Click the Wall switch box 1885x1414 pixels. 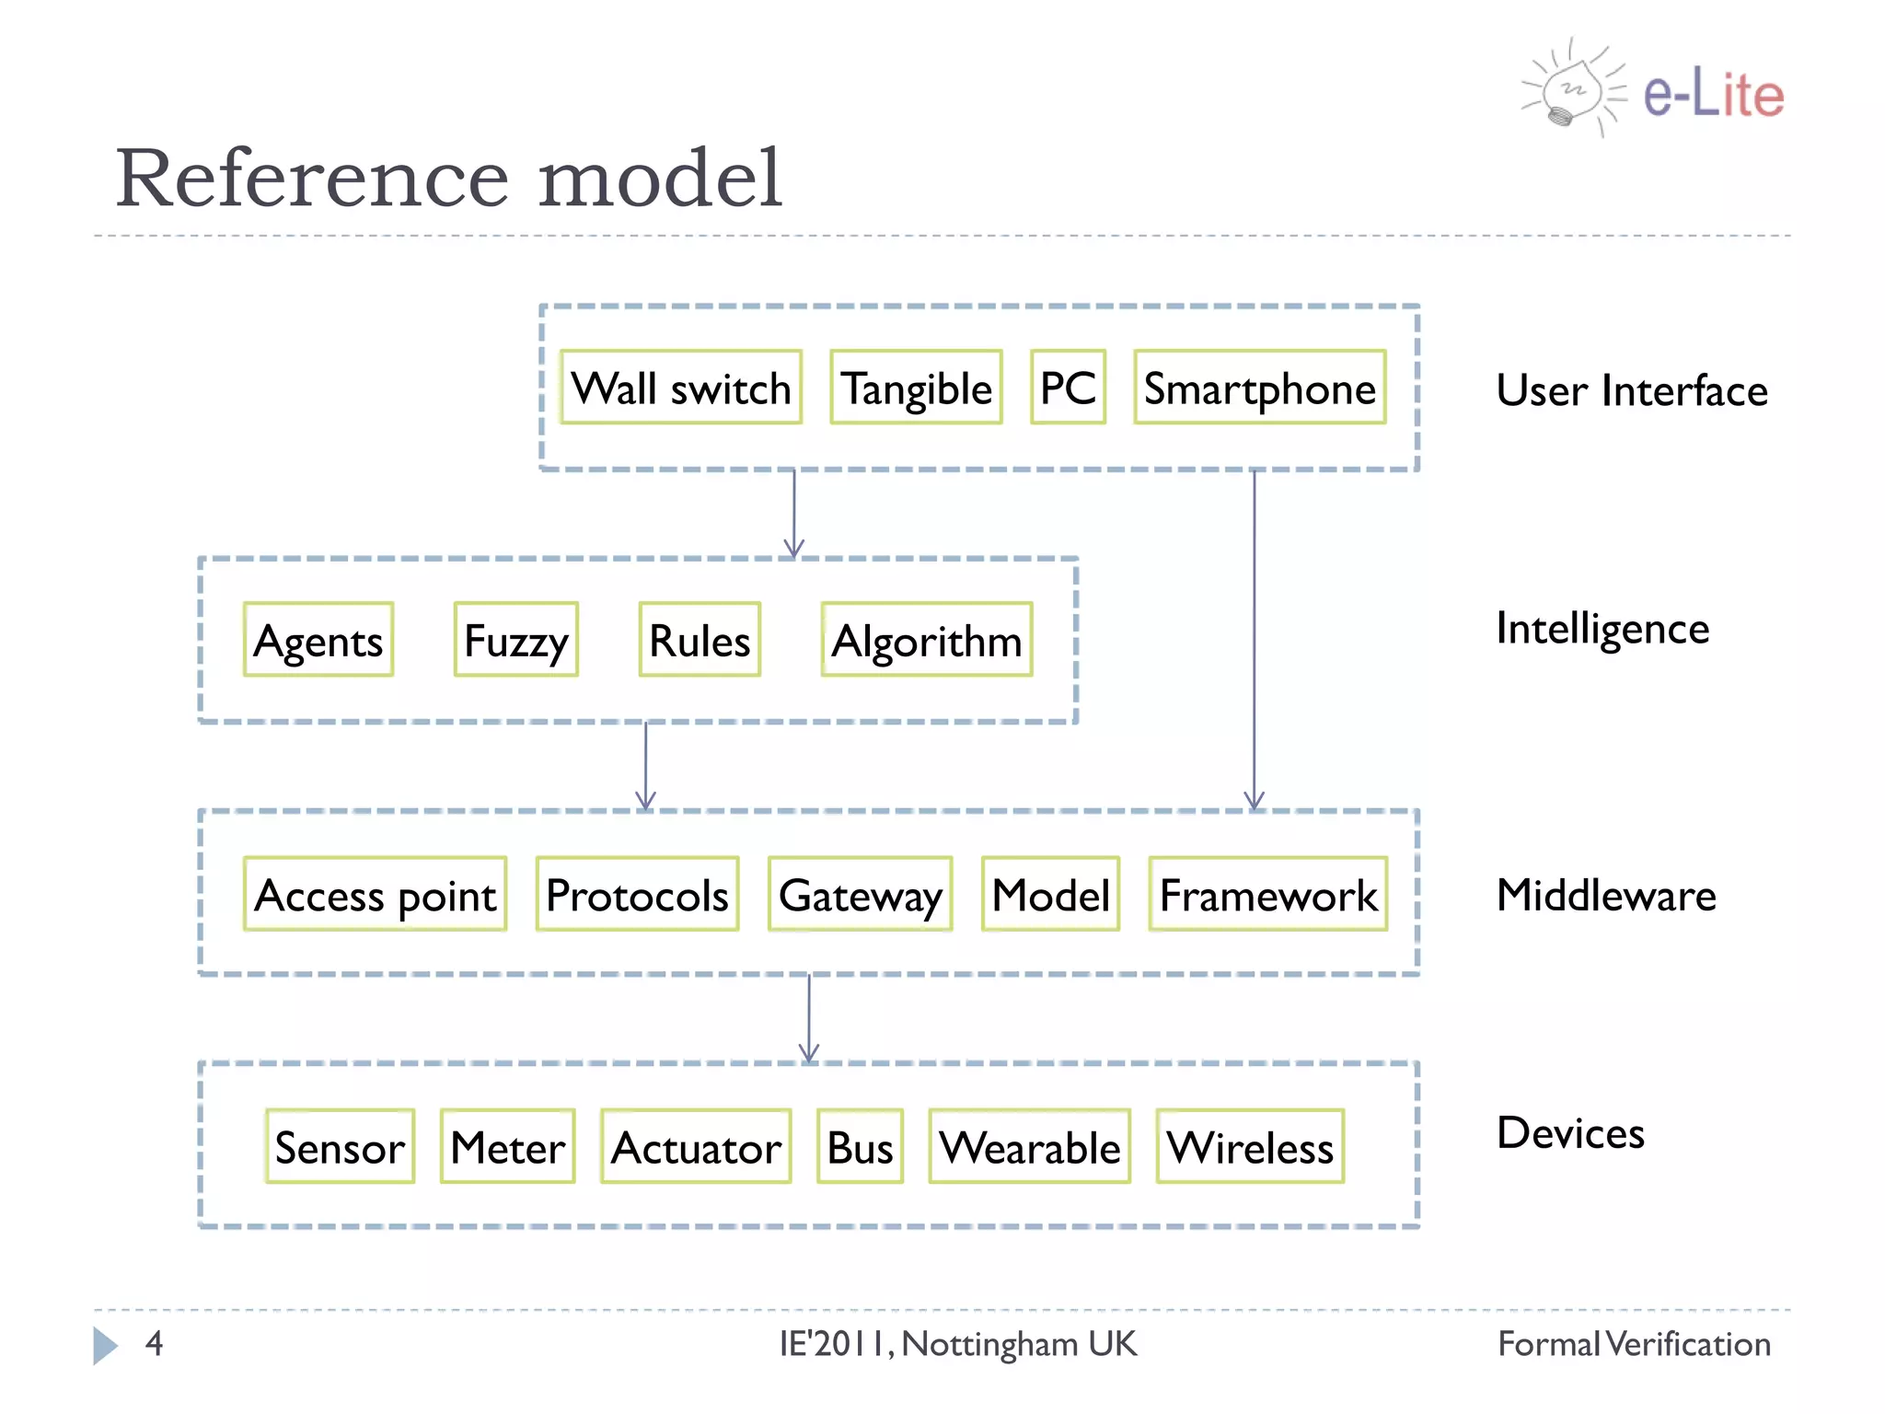[680, 388]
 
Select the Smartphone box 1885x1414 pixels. [1259, 388]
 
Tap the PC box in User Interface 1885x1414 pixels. [1068, 388]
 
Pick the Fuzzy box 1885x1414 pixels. [515, 640]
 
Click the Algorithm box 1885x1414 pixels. [926, 640]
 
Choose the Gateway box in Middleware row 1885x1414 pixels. [860, 894]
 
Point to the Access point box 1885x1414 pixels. [375, 894]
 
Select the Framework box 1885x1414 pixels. [1267, 894]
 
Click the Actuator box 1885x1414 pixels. [696, 1146]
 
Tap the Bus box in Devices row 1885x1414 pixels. [860, 1146]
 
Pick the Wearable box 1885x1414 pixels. [1029, 1146]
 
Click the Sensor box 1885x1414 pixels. [340, 1146]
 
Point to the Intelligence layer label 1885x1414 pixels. [1602, 630]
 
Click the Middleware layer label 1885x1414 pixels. [1606, 896]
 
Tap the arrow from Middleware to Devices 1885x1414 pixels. [809, 1017]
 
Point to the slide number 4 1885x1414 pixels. [154, 1343]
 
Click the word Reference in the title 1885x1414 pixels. [311, 179]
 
